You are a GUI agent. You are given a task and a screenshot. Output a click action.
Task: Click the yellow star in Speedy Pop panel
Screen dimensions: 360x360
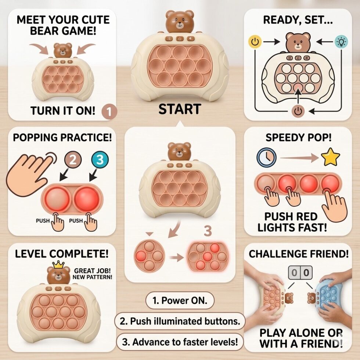pyautogui.click(x=330, y=157)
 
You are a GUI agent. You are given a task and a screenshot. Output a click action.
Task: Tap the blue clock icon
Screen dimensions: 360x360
pyautogui.click(x=266, y=158)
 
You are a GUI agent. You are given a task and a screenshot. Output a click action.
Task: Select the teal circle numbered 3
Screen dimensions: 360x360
pyautogui.click(x=100, y=159)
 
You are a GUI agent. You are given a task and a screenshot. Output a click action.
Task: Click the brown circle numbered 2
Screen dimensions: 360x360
pyautogui.click(x=73, y=159)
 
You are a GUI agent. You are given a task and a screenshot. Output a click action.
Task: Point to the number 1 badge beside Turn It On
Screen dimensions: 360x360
pyautogui.click(x=109, y=112)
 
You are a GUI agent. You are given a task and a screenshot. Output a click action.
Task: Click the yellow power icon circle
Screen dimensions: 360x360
pyautogui.click(x=255, y=42)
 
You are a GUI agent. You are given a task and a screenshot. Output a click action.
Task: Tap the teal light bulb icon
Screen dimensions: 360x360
pyautogui.click(x=341, y=42)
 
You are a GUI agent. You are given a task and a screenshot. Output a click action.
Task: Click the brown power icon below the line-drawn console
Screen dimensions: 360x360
pyautogui.click(x=298, y=111)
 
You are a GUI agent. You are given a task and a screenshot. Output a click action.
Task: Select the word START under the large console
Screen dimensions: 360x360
pyautogui.click(x=180, y=109)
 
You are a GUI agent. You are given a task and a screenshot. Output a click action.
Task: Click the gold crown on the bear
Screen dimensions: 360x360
pyautogui.click(x=58, y=265)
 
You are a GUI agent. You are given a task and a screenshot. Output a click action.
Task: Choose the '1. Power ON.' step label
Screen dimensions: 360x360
pyautogui.click(x=180, y=300)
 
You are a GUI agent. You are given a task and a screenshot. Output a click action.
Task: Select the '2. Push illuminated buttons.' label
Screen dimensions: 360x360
pyautogui.click(x=180, y=321)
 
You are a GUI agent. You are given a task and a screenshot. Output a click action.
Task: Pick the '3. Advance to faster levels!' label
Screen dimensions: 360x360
pyautogui.click(x=180, y=342)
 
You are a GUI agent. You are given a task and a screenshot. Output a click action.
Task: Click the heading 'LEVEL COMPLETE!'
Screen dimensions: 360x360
pyautogui.click(x=62, y=254)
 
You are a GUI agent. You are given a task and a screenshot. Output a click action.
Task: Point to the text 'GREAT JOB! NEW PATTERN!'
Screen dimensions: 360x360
pyautogui.click(x=92, y=274)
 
